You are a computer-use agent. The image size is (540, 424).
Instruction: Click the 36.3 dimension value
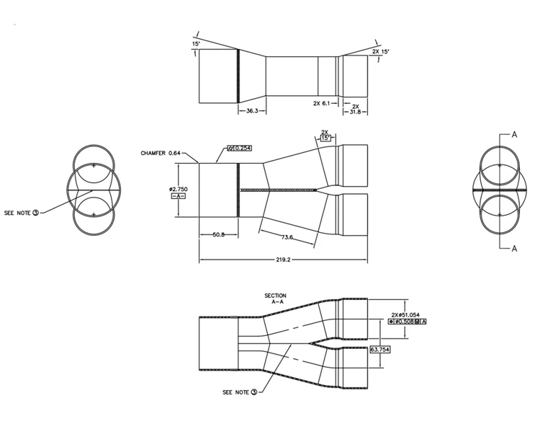click(252, 111)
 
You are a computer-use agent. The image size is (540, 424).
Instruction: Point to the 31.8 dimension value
click(355, 111)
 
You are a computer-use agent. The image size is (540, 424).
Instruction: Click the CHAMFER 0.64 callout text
click(161, 153)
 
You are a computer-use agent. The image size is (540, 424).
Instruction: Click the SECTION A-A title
click(276, 299)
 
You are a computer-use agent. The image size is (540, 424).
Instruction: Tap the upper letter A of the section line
click(515, 134)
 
